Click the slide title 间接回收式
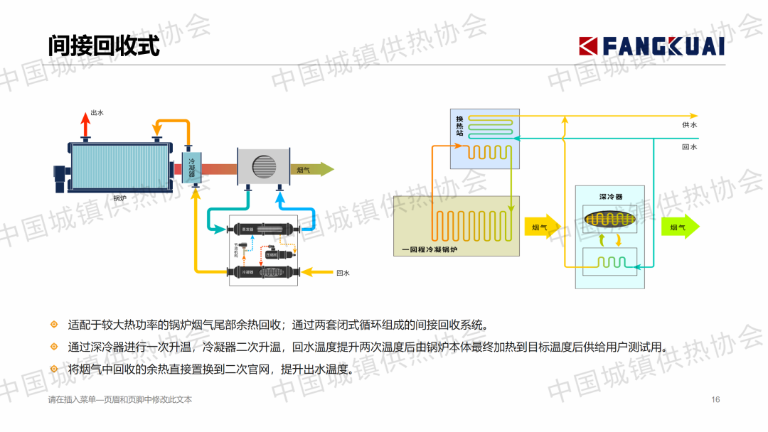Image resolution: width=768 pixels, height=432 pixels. pyautogui.click(x=104, y=47)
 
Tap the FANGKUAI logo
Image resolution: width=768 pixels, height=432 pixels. pyautogui.click(x=651, y=46)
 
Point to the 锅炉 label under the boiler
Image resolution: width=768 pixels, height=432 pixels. pyautogui.click(x=119, y=198)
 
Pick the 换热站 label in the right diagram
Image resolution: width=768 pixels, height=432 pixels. pyautogui.click(x=459, y=126)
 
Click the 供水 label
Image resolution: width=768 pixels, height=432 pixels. pyautogui.click(x=689, y=125)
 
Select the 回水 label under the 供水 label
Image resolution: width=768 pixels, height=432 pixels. pyautogui.click(x=689, y=147)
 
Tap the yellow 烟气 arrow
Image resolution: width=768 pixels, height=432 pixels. pyautogui.click(x=543, y=227)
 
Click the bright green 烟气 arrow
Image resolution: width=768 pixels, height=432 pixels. pyautogui.click(x=681, y=227)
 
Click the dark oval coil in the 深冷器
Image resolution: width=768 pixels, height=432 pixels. pyautogui.click(x=609, y=220)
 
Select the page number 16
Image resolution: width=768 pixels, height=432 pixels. pyautogui.click(x=715, y=399)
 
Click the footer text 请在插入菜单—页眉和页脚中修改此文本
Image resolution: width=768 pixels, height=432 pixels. pyautogui.click(x=120, y=399)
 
